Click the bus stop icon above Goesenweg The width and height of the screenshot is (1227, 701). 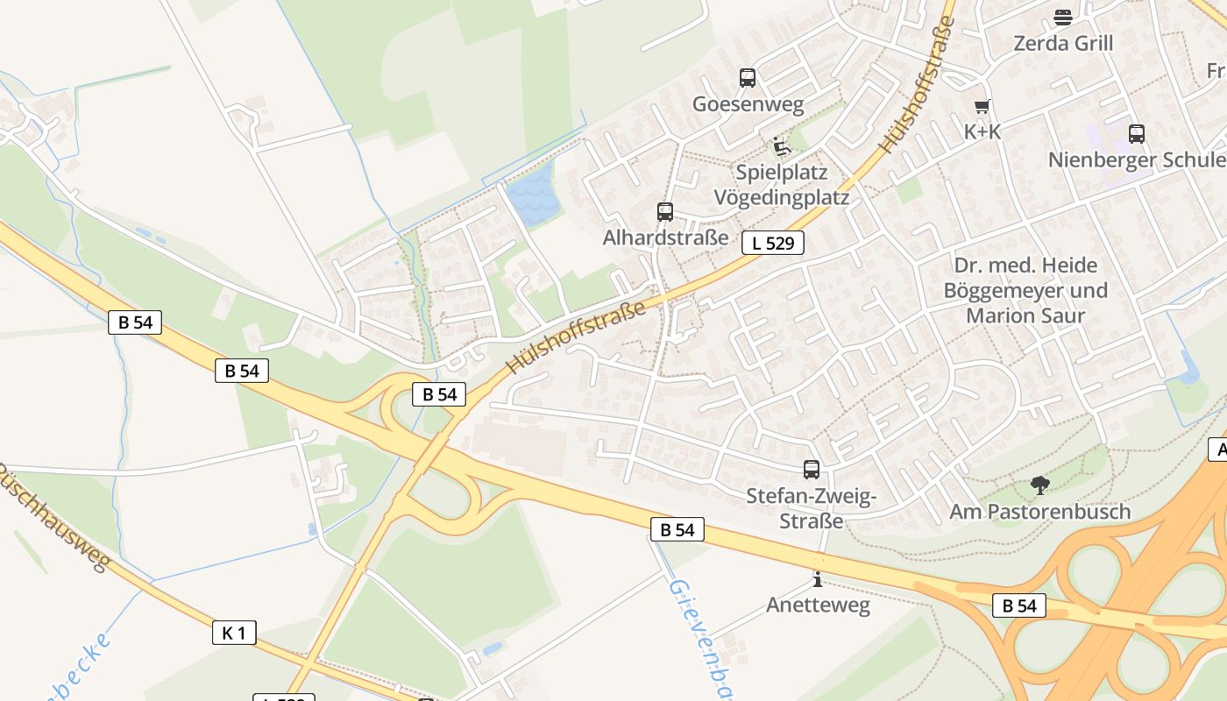point(747,78)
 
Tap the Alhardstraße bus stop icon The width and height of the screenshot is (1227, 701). point(665,211)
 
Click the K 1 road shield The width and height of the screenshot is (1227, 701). point(234,633)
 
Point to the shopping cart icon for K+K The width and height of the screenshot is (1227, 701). point(982,107)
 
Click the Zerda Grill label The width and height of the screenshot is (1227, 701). point(1062,43)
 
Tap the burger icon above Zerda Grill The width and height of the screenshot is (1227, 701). point(1062,17)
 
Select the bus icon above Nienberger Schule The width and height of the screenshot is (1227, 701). point(1136,134)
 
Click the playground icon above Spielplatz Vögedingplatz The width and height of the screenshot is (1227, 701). point(781,146)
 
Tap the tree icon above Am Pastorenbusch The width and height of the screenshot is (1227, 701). point(1039,485)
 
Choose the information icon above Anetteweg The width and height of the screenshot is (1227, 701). point(817,579)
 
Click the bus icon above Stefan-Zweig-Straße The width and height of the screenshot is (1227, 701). point(812,470)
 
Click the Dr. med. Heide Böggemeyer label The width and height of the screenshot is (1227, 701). point(1025,290)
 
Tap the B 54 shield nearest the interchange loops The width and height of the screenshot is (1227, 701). point(440,394)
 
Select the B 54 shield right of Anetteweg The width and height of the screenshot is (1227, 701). point(1019,605)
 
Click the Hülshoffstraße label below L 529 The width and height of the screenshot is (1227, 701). point(575,336)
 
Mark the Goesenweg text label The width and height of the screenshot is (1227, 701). point(748,105)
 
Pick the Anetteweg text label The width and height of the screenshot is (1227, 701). point(818,605)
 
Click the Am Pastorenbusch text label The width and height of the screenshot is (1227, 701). point(1039,512)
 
